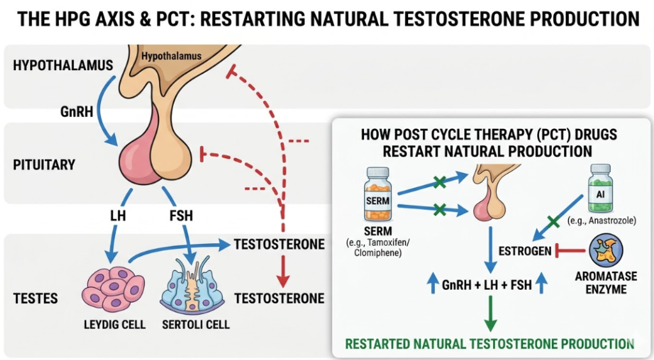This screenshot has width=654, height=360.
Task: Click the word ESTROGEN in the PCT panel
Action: point(524,251)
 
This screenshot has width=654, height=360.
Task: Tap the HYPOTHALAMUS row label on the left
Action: point(63,65)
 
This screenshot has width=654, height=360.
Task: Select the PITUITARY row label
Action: point(44,165)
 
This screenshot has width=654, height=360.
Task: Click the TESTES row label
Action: point(35,298)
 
